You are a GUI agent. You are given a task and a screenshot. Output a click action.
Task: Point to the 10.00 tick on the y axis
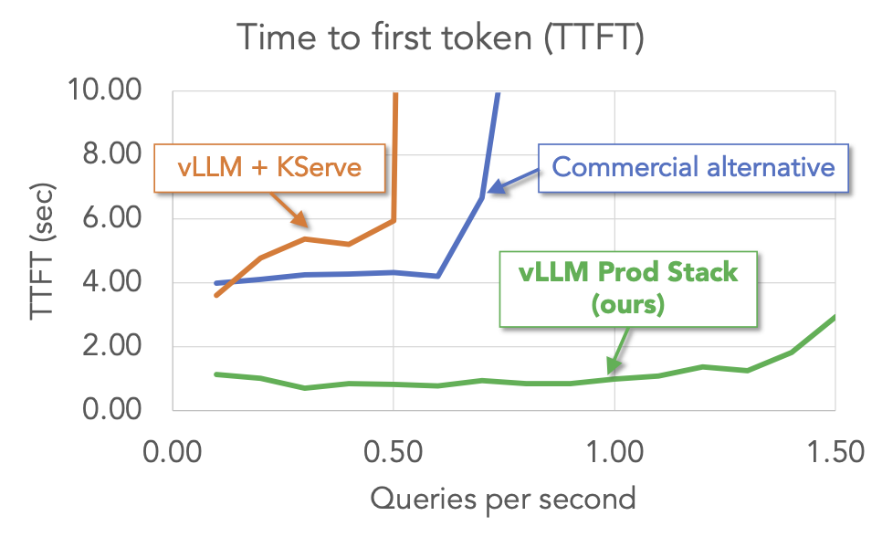click(105, 90)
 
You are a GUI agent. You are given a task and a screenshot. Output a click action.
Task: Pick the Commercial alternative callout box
click(693, 167)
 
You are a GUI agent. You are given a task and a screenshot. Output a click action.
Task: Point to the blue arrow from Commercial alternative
click(512, 180)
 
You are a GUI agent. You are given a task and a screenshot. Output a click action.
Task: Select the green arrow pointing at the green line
click(619, 348)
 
